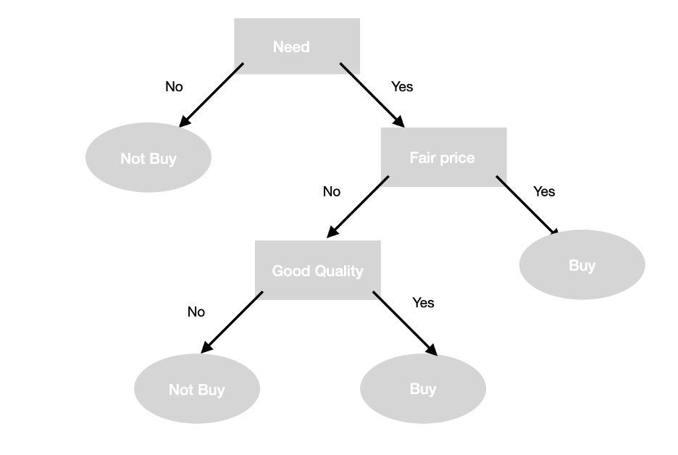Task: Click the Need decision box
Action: [297, 46]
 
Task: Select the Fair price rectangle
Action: [443, 157]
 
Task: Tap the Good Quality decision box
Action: [317, 270]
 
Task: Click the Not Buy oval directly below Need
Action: [148, 159]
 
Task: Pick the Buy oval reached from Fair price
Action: [582, 265]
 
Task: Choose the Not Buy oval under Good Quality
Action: [197, 389]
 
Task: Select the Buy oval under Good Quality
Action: [423, 388]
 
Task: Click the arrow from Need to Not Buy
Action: [212, 95]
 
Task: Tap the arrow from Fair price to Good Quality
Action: [358, 207]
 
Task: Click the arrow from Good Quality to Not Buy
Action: [232, 322]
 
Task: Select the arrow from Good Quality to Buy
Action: [405, 323]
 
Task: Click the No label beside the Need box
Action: [174, 87]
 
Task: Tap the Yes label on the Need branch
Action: [402, 87]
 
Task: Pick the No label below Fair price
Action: [331, 192]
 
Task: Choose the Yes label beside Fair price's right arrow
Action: [544, 191]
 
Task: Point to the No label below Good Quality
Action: [196, 312]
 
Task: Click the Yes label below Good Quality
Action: [423, 303]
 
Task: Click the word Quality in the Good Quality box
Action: [339, 271]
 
